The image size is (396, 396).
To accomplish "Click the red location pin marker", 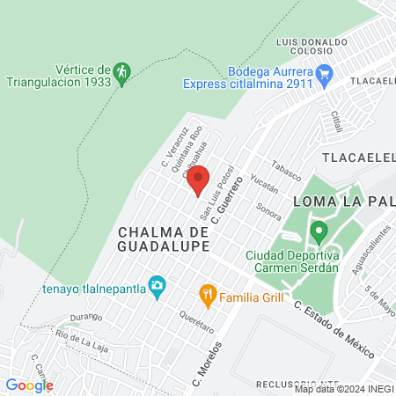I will pos(196,180).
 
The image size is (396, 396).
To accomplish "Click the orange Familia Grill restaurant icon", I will pos(208,297).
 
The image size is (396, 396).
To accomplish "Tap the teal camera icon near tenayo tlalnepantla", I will pos(157,283).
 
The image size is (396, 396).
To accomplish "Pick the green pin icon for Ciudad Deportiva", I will pos(319,233).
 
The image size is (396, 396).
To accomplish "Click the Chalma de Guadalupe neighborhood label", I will pos(163,238).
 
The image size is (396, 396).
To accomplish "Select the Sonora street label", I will pos(269,210).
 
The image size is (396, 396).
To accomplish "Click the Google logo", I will pos(29,385).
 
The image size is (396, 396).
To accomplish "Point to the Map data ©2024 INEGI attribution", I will pos(343,389).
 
